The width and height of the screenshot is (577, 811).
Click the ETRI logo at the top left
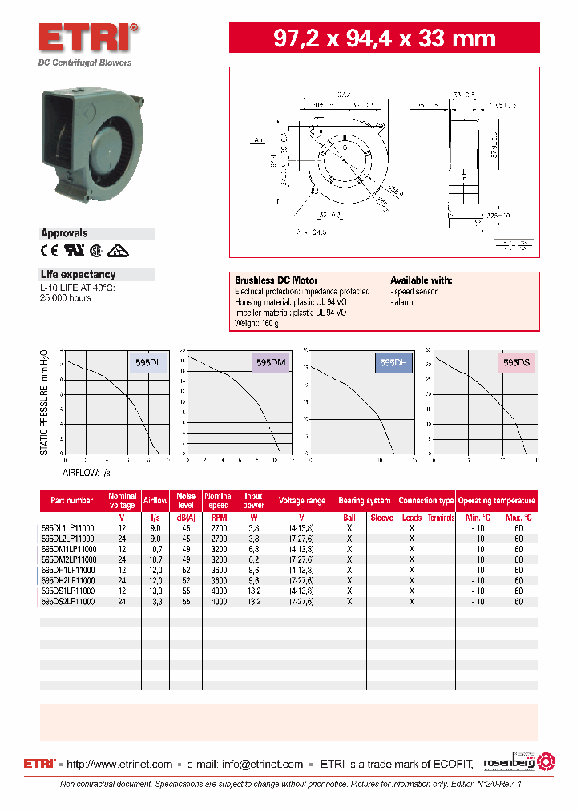point(89,38)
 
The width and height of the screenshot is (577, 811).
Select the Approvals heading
point(64,233)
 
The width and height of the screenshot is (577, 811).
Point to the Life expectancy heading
point(78,275)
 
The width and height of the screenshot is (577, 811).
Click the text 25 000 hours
point(66,297)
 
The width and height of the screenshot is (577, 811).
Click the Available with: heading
point(421,280)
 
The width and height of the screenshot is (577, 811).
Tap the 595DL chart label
point(148,363)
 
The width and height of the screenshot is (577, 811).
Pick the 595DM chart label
point(271,363)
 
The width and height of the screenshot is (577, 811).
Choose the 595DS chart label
point(516,363)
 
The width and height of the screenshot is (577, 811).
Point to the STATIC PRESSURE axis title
point(45,402)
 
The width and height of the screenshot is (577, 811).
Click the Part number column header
point(72,501)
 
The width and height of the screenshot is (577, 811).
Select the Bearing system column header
point(365,501)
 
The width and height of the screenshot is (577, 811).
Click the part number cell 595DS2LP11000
point(68,601)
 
